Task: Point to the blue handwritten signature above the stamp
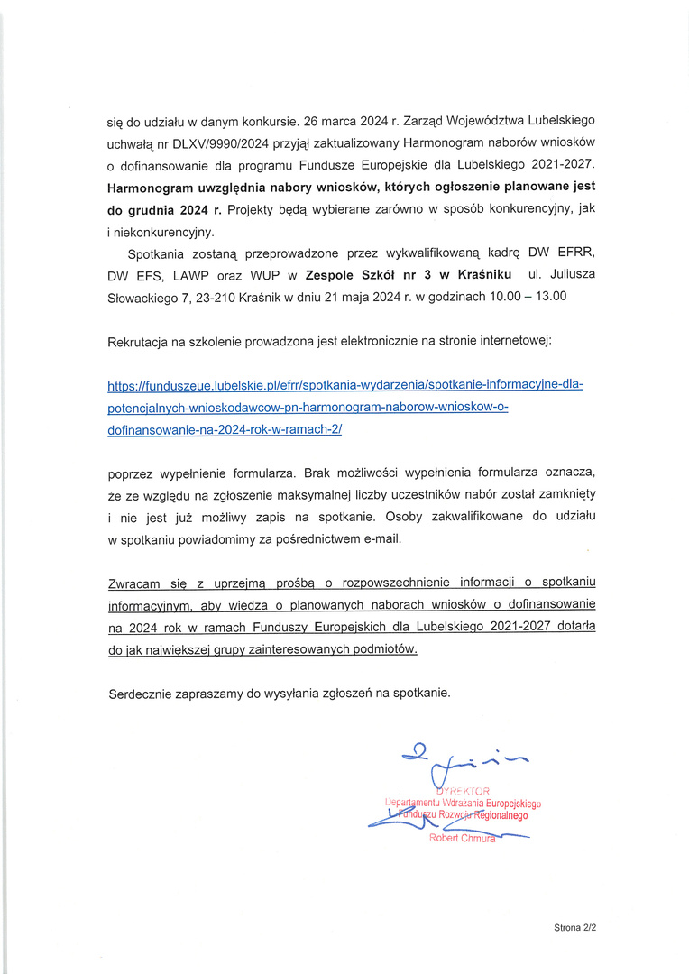coord(460,762)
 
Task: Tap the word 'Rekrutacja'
coord(142,342)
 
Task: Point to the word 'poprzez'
coord(131,473)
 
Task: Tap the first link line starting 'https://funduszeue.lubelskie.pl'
coord(345,386)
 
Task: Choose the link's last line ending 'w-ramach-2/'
coord(225,430)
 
